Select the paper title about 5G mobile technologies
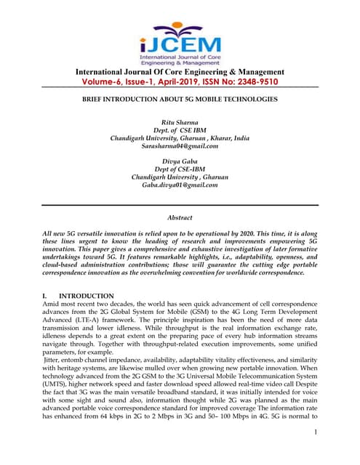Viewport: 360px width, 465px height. coord(179,99)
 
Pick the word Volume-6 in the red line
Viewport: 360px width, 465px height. coord(108,82)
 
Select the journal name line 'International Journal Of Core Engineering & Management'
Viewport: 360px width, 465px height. coord(179,71)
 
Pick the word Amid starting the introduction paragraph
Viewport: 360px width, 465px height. coord(53,304)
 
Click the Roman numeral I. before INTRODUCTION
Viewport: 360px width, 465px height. coord(46,296)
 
